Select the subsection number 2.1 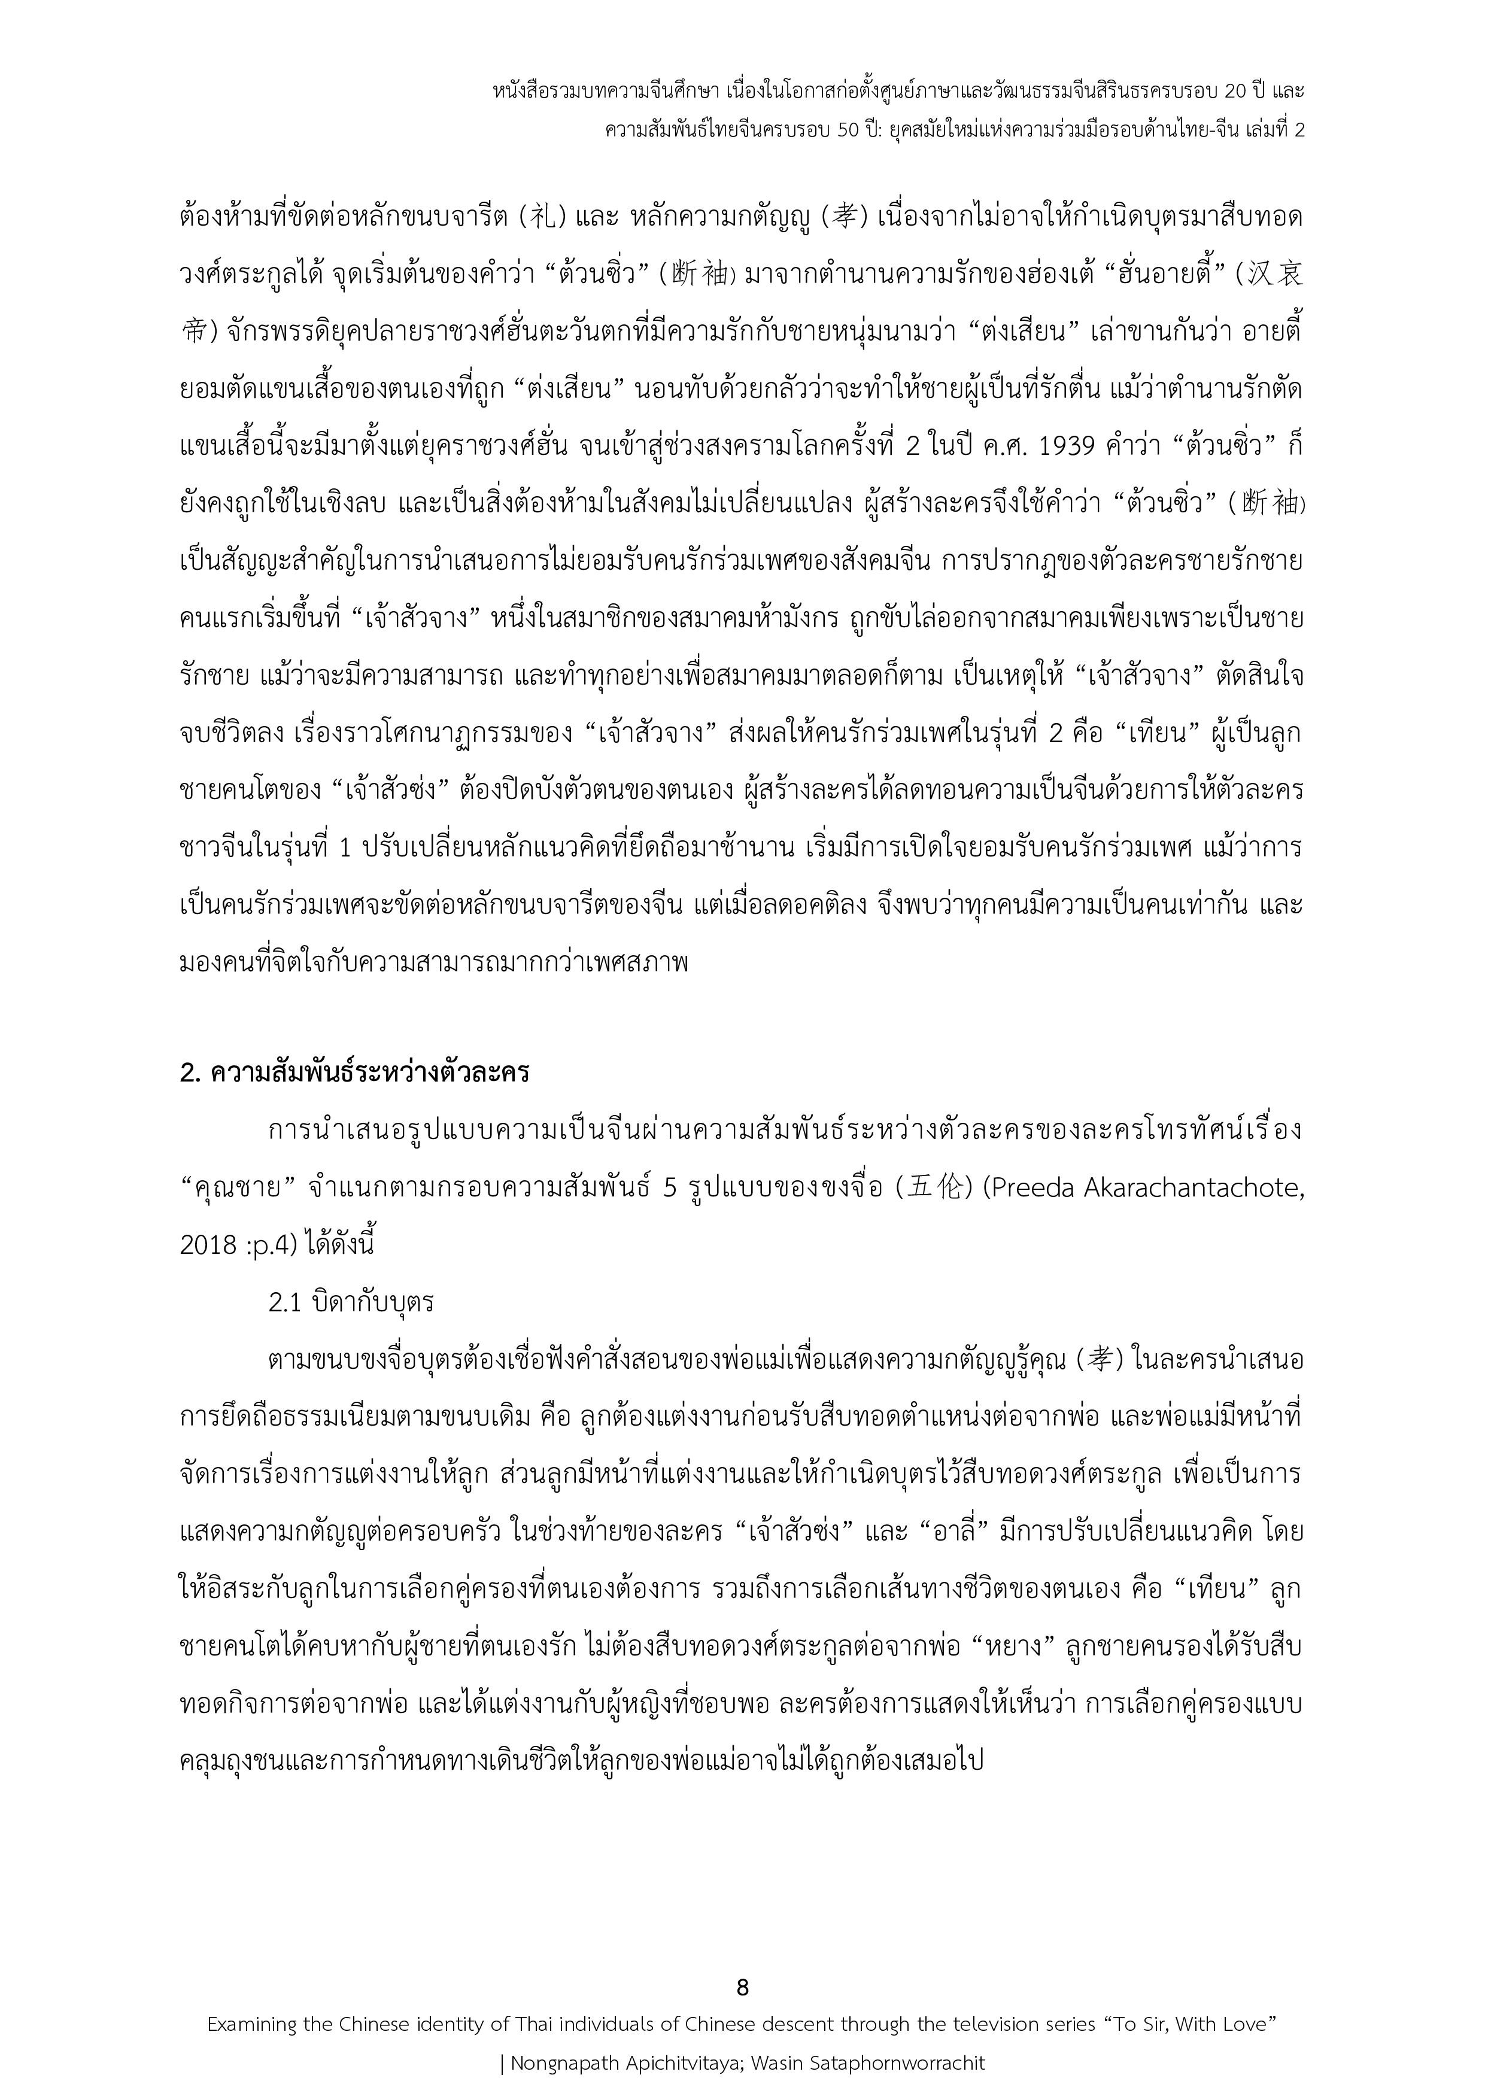point(286,1302)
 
